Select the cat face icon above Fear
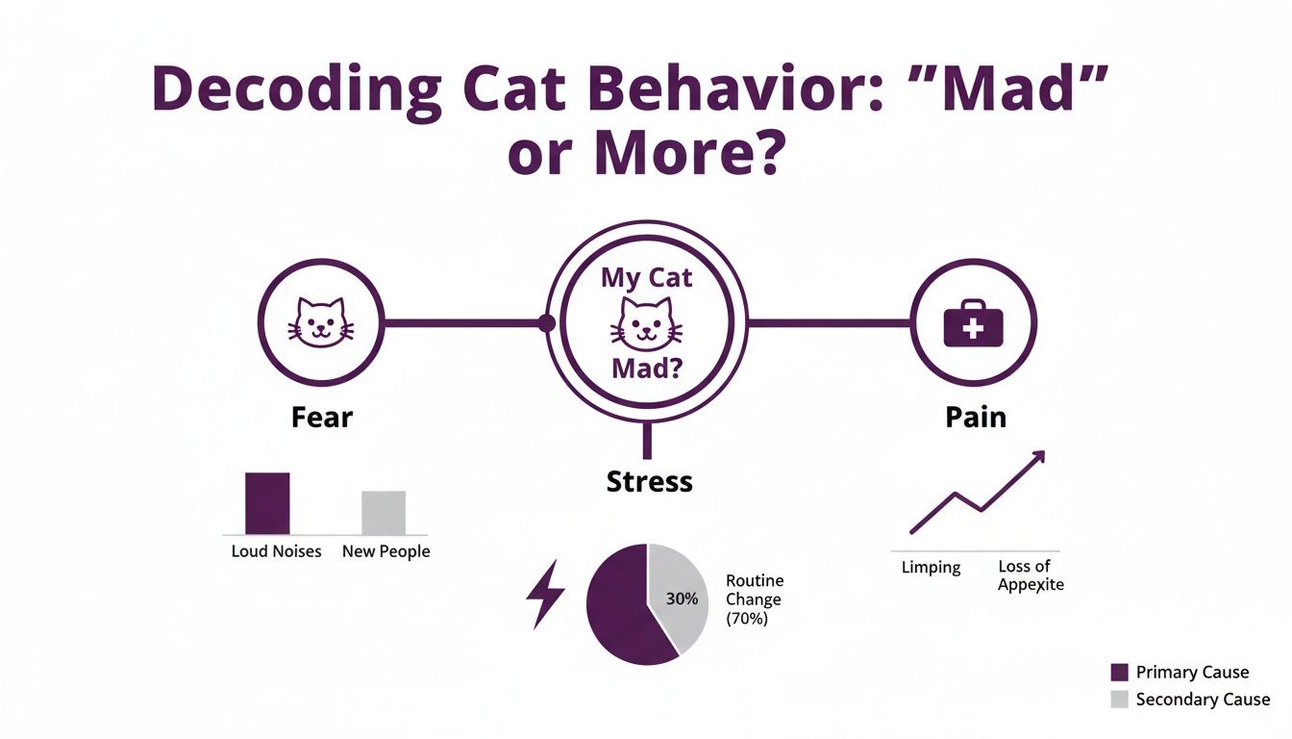321,321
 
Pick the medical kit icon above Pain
973,322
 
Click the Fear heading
322,418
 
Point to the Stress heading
650,481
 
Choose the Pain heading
975,418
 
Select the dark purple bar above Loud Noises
267,502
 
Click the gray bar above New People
384,512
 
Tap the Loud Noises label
276,552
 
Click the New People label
386,552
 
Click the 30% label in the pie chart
681,598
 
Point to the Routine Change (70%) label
755,599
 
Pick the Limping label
931,567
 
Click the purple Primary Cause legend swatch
1119,673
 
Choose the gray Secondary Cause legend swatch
1119,700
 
